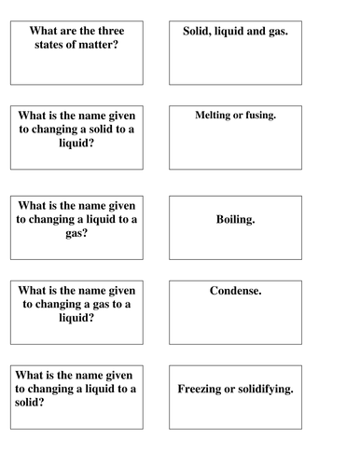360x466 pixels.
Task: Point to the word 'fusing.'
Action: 268,115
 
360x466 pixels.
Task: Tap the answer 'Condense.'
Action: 235,291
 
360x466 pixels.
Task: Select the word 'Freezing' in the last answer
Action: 204,388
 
